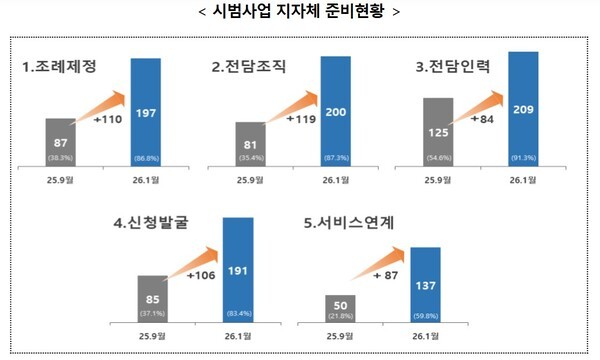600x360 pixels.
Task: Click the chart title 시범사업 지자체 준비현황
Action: point(299,13)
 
